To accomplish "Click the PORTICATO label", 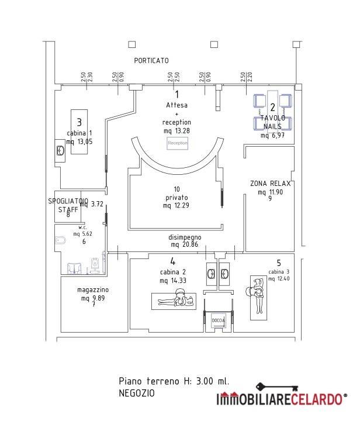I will [151, 60].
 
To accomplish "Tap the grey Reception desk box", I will [178, 143].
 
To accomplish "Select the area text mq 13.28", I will [176, 130].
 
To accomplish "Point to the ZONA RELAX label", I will [270, 184].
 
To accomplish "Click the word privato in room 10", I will [176, 197].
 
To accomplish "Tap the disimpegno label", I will [185, 236].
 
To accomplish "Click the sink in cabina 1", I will [61, 150].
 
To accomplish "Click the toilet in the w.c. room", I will [60, 240].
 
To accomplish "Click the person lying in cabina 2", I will [176, 301].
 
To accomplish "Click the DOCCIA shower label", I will [218, 321].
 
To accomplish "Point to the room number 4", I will [172, 261].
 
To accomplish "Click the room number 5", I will [279, 263].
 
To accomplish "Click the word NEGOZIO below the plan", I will [137, 393].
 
